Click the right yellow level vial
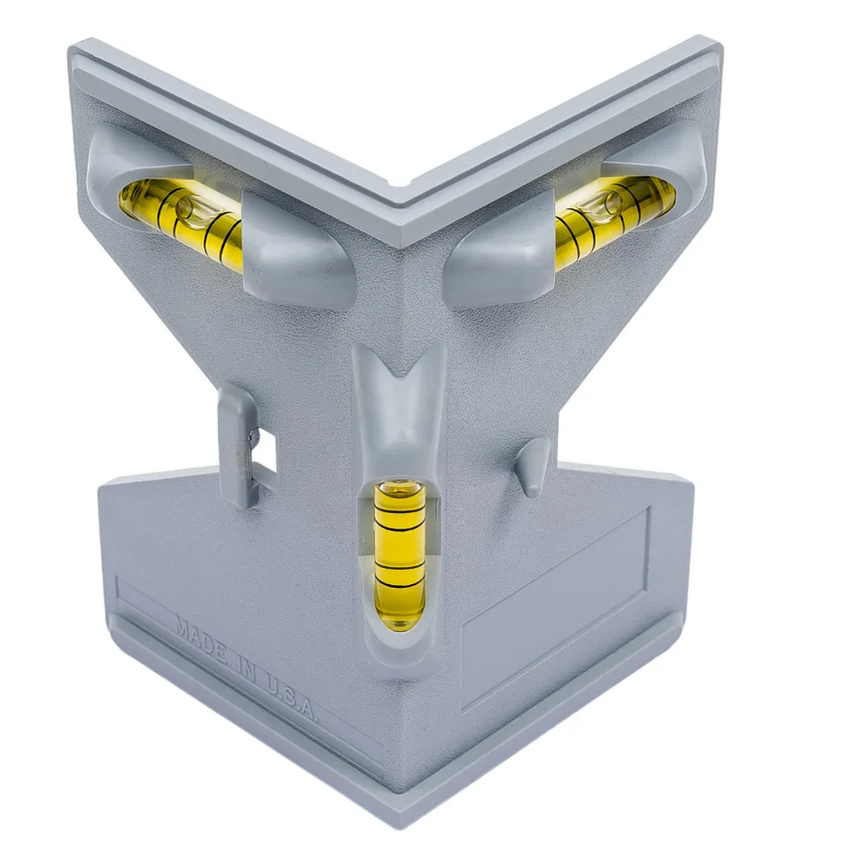(x=615, y=219)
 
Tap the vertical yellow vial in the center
(x=400, y=554)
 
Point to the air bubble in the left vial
(x=184, y=206)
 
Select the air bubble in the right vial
(x=611, y=202)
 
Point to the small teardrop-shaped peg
(x=532, y=467)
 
